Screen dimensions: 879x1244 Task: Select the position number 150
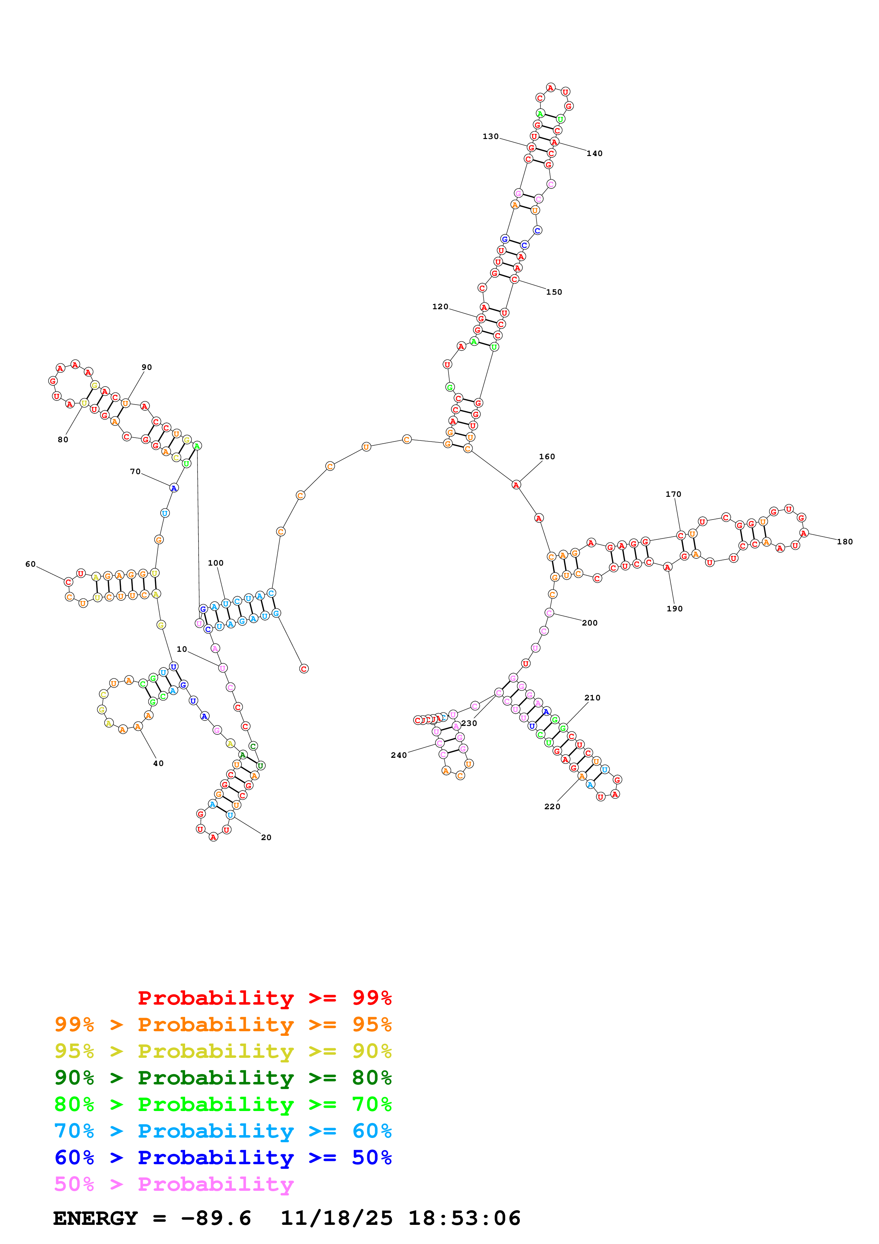pyautogui.click(x=553, y=293)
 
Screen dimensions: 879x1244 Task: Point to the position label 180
pyautogui.click(x=844, y=542)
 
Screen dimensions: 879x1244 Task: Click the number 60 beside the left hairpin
pyautogui.click(x=30, y=564)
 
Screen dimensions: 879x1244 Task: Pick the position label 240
pyautogui.click(x=399, y=755)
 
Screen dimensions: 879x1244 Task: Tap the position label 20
pyautogui.click(x=266, y=837)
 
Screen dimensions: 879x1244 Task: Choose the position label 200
pyautogui.click(x=589, y=623)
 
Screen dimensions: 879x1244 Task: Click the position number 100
pyautogui.click(x=216, y=563)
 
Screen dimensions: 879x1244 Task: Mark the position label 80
pyautogui.click(x=63, y=439)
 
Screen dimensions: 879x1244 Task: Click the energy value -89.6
pyautogui.click(x=216, y=1218)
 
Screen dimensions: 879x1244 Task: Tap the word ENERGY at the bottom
pyautogui.click(x=95, y=1218)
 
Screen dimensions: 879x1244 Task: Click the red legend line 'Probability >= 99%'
pyautogui.click(x=264, y=998)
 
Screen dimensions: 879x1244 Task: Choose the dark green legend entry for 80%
pyautogui.click(x=223, y=1078)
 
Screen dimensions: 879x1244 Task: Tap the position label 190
pyautogui.click(x=674, y=609)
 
